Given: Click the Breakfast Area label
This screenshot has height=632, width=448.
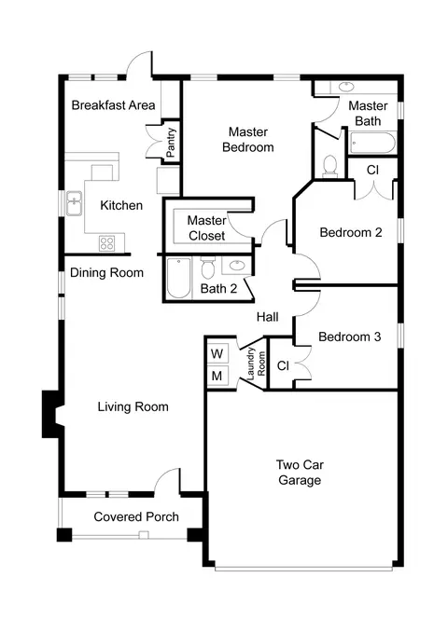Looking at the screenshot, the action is [x=114, y=105].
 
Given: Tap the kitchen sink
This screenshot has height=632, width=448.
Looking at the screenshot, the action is [x=75, y=203].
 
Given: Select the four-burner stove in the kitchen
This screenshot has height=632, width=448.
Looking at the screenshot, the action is [x=107, y=243].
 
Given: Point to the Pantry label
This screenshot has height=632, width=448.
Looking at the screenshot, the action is [x=171, y=142].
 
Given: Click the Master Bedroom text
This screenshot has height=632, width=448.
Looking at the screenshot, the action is [x=248, y=140].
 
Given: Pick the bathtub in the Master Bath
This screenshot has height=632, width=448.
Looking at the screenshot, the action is [x=371, y=143].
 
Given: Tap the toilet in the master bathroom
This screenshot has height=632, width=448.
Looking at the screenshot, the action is [x=330, y=166].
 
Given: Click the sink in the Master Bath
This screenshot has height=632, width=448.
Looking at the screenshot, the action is [x=346, y=87].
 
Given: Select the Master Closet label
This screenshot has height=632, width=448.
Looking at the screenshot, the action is [x=206, y=228].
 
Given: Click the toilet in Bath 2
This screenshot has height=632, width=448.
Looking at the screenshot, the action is [x=207, y=268].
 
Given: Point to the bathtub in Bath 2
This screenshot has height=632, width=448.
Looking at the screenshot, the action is [x=178, y=278].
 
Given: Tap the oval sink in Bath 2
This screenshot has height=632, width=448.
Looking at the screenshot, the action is [x=236, y=266].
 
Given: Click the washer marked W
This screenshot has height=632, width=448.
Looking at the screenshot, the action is [x=217, y=353].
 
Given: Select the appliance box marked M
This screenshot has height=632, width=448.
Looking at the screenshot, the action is [x=217, y=376].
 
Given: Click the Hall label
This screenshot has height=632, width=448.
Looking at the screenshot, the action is [x=267, y=317].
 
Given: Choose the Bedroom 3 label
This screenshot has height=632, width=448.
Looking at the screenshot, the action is [x=349, y=337].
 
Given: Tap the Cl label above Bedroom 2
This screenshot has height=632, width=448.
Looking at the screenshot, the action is [x=372, y=170].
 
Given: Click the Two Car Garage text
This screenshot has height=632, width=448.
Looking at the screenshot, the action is [x=300, y=473].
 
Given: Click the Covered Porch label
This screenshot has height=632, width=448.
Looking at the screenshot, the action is [x=136, y=516].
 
